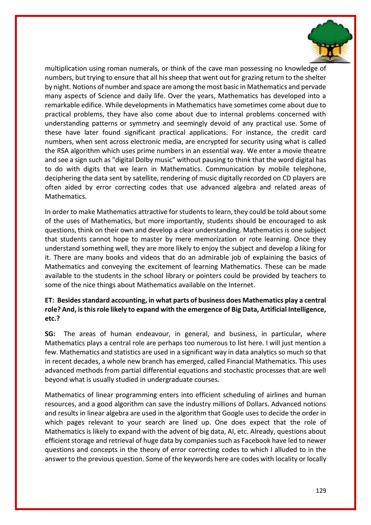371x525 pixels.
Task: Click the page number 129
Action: point(321,490)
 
